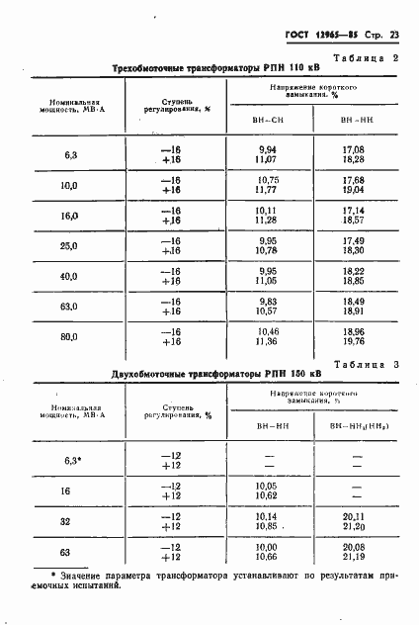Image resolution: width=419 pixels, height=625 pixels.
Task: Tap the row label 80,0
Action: coord(69,338)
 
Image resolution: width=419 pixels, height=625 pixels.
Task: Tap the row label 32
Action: coord(69,522)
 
